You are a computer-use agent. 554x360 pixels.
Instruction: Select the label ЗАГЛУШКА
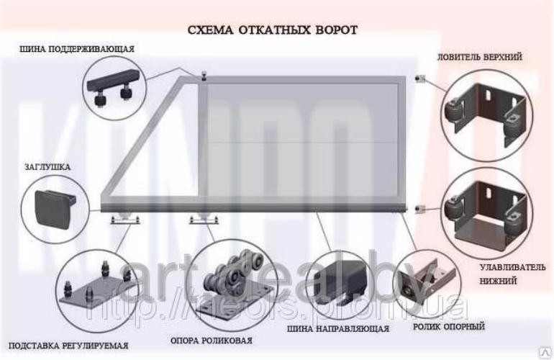(47, 167)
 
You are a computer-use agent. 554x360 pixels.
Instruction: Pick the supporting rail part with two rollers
(115, 84)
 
